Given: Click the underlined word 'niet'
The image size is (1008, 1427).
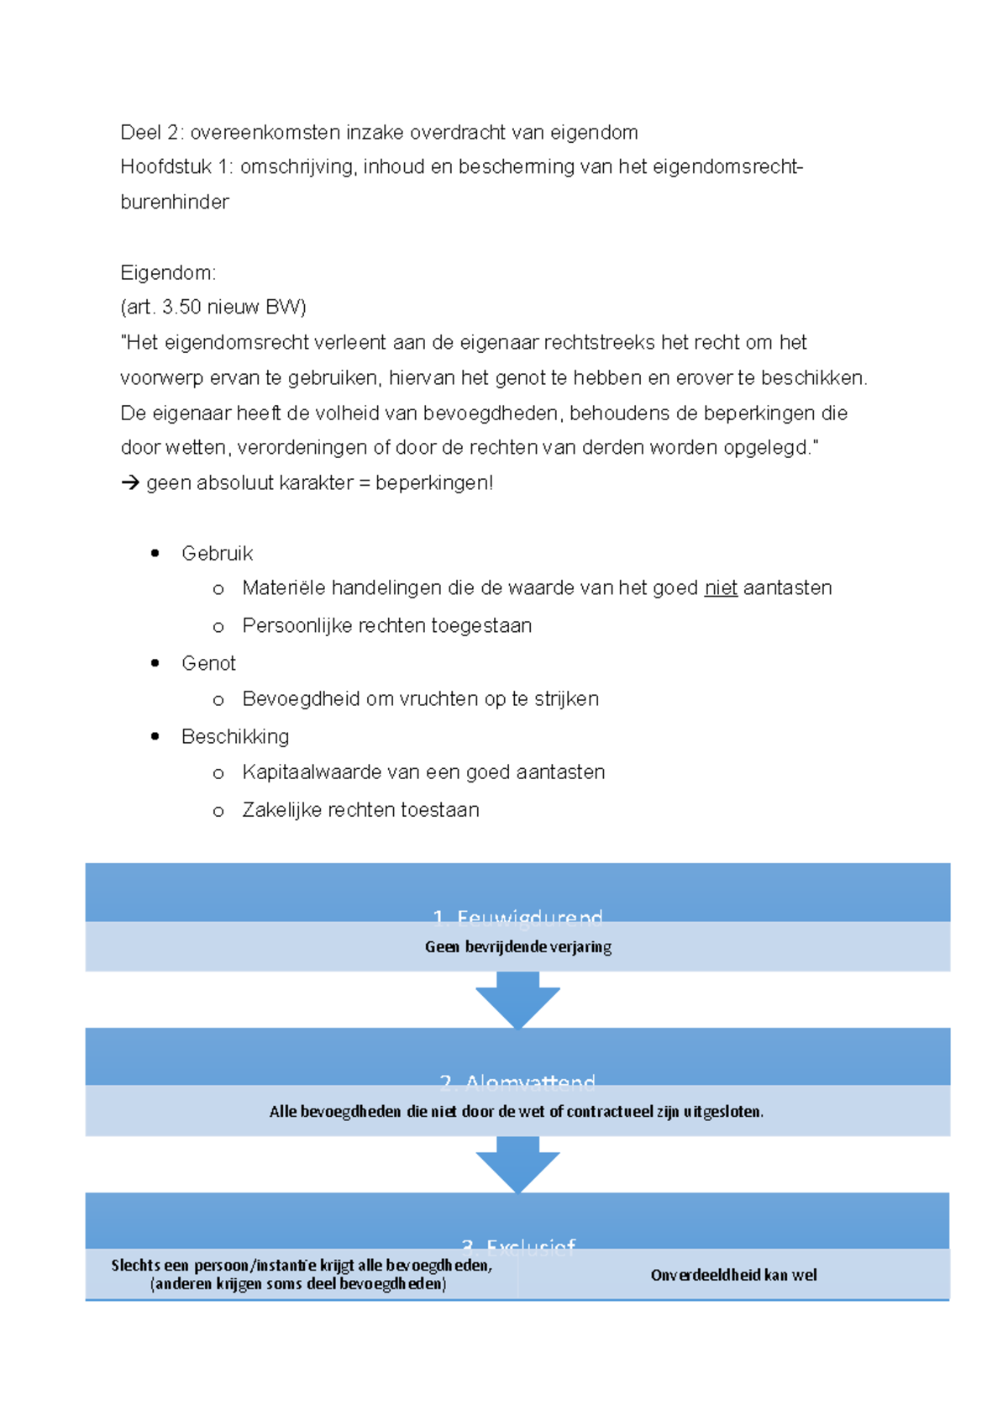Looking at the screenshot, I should [x=721, y=588].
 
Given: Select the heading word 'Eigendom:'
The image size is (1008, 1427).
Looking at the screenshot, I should [x=168, y=273].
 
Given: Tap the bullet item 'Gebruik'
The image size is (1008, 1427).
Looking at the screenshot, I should [x=217, y=554].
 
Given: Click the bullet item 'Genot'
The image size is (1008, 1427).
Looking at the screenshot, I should [x=208, y=664].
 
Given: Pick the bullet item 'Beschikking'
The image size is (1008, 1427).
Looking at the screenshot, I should [x=235, y=737].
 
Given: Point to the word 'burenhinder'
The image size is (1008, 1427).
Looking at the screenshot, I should [x=175, y=203].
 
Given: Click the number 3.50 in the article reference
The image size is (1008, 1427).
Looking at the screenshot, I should [x=181, y=308].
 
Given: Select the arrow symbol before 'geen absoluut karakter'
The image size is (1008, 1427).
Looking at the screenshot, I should [x=130, y=483].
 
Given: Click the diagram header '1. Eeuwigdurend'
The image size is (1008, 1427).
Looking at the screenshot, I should [x=517, y=917].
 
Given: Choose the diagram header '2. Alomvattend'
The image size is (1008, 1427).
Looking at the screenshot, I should [x=517, y=1082].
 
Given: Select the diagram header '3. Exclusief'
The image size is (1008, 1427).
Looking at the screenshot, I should [x=518, y=1245].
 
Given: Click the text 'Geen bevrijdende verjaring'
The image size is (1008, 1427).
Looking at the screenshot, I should [x=517, y=947].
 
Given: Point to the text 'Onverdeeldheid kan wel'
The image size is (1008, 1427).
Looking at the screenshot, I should [x=733, y=1275].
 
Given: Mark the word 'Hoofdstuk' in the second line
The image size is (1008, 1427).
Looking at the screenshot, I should [x=165, y=167].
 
